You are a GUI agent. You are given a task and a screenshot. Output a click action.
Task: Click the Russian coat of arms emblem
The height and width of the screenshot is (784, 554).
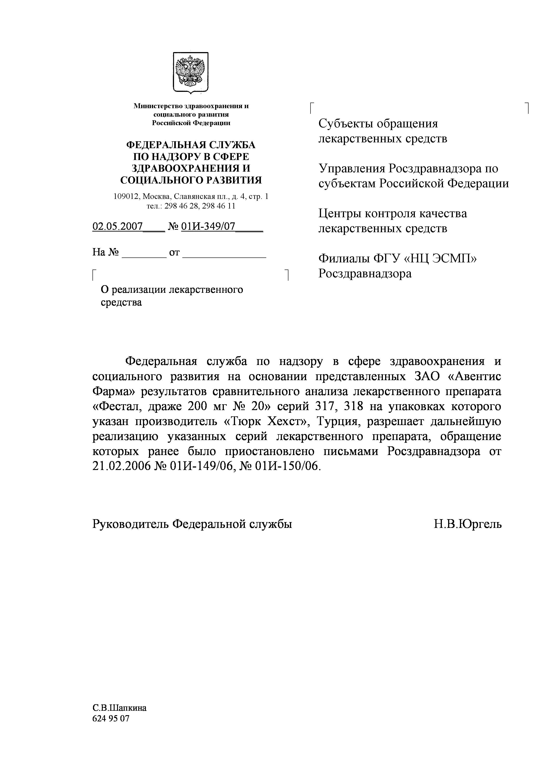tap(191, 72)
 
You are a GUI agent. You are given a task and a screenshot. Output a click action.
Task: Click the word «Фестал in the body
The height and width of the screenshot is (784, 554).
tap(113, 406)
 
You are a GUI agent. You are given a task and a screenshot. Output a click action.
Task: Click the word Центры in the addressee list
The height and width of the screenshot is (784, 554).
tap(340, 213)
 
